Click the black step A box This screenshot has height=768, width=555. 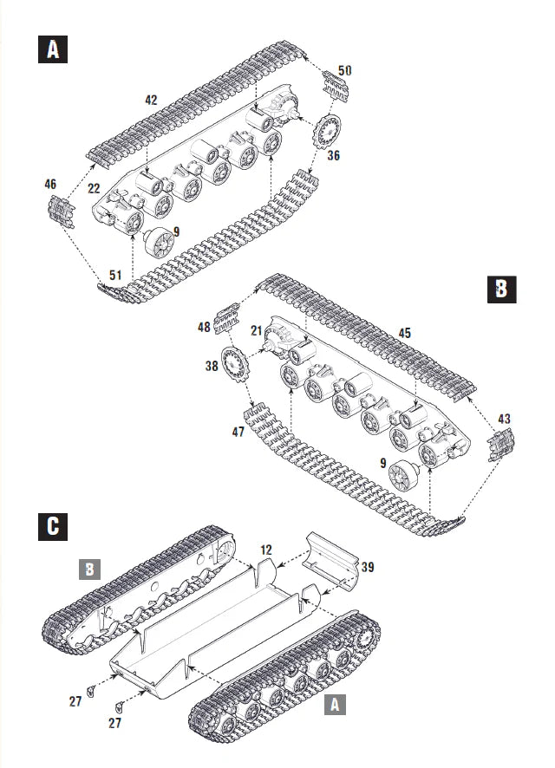click(53, 49)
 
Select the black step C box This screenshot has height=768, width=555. click(53, 524)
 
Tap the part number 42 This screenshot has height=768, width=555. click(151, 101)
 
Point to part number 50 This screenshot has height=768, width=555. click(344, 69)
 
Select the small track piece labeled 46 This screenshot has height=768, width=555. click(61, 210)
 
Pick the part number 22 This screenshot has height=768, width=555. click(95, 189)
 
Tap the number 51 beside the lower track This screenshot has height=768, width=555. click(114, 275)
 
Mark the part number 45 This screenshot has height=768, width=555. click(404, 332)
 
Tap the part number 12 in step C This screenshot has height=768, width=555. click(265, 550)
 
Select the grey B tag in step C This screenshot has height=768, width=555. click(91, 569)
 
